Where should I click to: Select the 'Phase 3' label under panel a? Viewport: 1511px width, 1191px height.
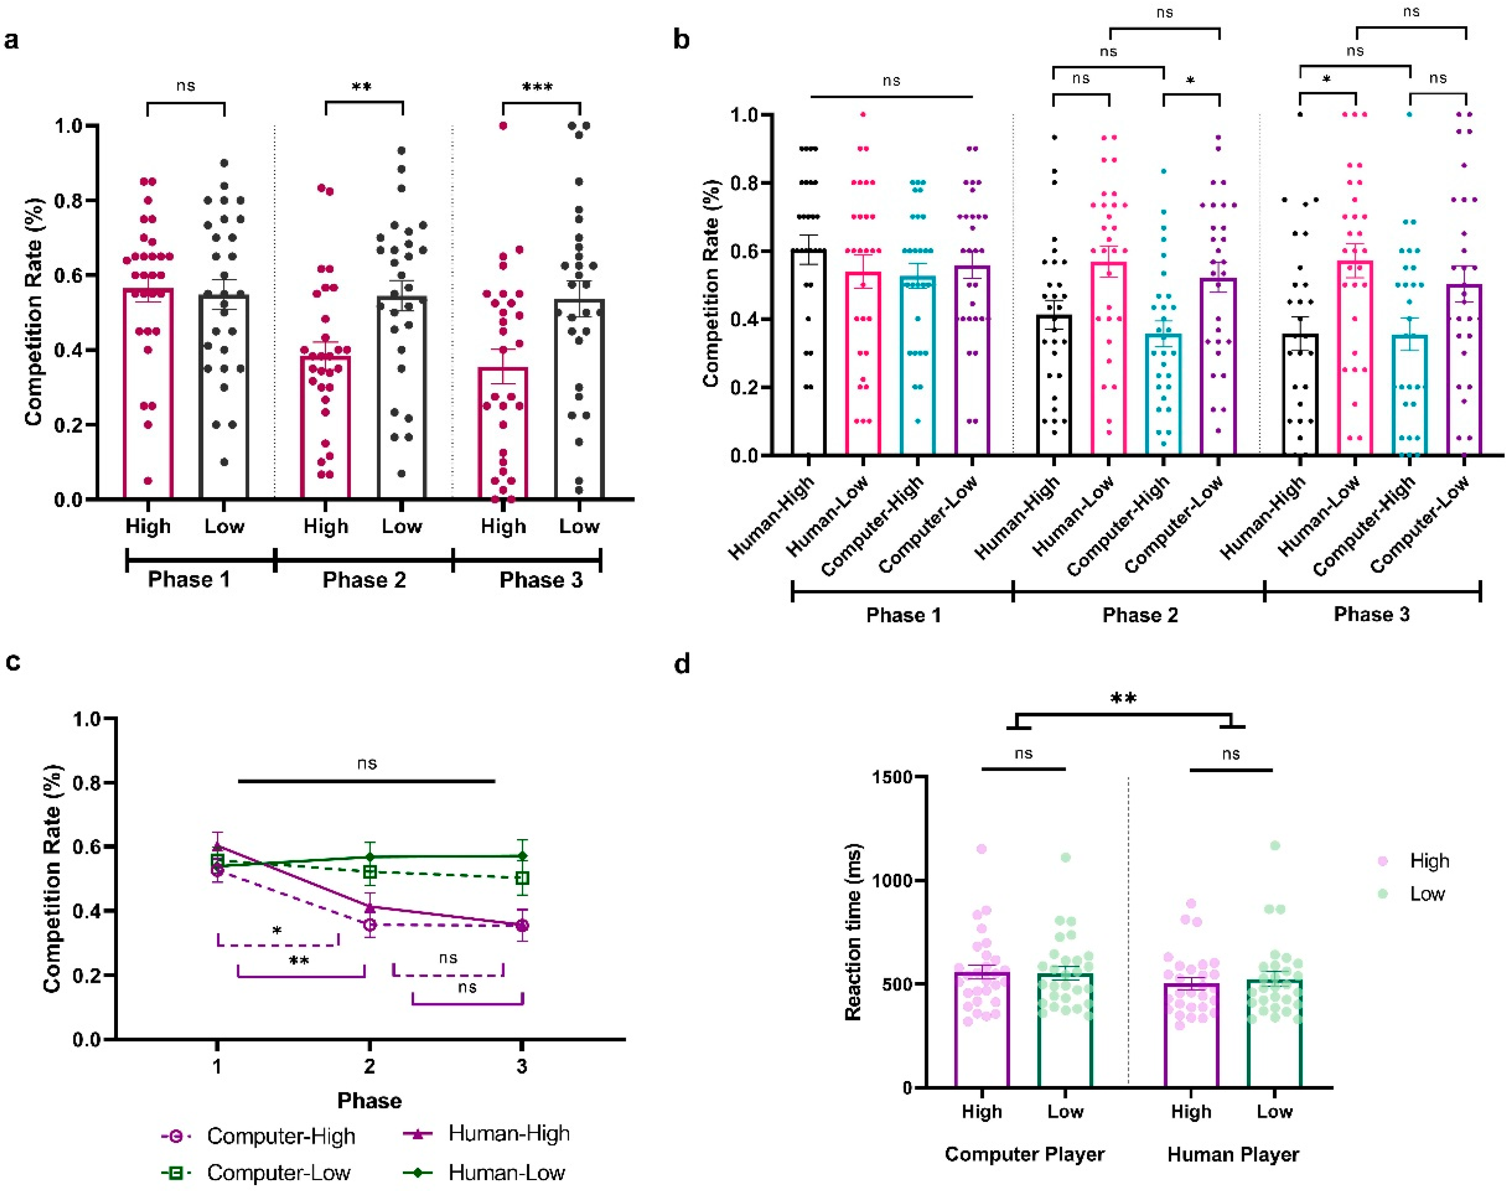tap(541, 580)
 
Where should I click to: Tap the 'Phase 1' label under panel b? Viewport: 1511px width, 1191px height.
tap(903, 615)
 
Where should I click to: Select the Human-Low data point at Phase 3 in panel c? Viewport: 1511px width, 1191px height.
tap(522, 856)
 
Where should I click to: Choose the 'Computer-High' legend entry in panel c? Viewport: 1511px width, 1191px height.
tap(280, 1136)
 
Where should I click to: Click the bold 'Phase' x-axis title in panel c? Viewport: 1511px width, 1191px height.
tap(369, 1100)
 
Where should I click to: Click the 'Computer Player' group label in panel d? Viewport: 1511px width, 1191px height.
tap(1024, 1154)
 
